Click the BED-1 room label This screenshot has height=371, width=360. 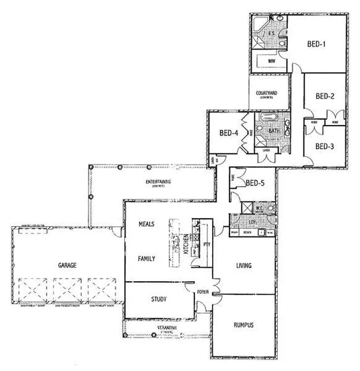317,44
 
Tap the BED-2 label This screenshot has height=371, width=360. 325,97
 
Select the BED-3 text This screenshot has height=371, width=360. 324,146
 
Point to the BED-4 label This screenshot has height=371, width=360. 229,133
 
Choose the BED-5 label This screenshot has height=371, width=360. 255,183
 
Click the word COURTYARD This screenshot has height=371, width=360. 266,94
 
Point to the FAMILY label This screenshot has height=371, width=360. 147,259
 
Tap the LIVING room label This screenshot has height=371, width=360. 244,265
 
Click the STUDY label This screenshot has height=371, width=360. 159,298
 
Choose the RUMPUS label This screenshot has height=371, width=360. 240,324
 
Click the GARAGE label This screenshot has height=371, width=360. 68,264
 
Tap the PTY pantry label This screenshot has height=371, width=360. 207,244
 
